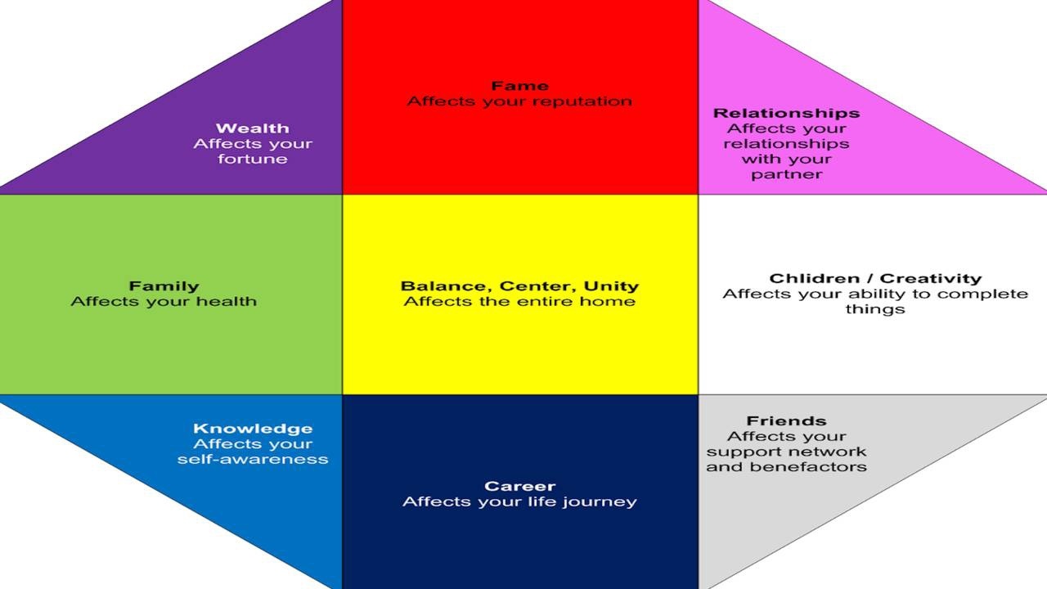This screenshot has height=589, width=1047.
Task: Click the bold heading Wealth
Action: pos(252,128)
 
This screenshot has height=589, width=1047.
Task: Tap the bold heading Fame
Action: pos(519,86)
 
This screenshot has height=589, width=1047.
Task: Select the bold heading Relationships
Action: pos(786,113)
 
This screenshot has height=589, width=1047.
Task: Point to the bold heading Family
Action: pos(164,286)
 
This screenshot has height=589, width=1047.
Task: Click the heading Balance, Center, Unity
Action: pos(519,286)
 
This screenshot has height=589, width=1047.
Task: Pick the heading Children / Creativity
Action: pos(875,278)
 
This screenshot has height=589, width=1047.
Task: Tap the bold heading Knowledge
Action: pos(253,429)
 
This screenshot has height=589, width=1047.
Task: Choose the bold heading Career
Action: pos(519,486)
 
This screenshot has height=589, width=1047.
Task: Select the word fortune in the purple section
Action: pos(253,159)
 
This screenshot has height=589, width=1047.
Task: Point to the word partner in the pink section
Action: pos(786,174)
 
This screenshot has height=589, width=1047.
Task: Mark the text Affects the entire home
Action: pos(519,302)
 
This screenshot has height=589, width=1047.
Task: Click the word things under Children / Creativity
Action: pos(875,309)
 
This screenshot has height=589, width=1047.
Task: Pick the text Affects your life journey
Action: pos(519,501)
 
